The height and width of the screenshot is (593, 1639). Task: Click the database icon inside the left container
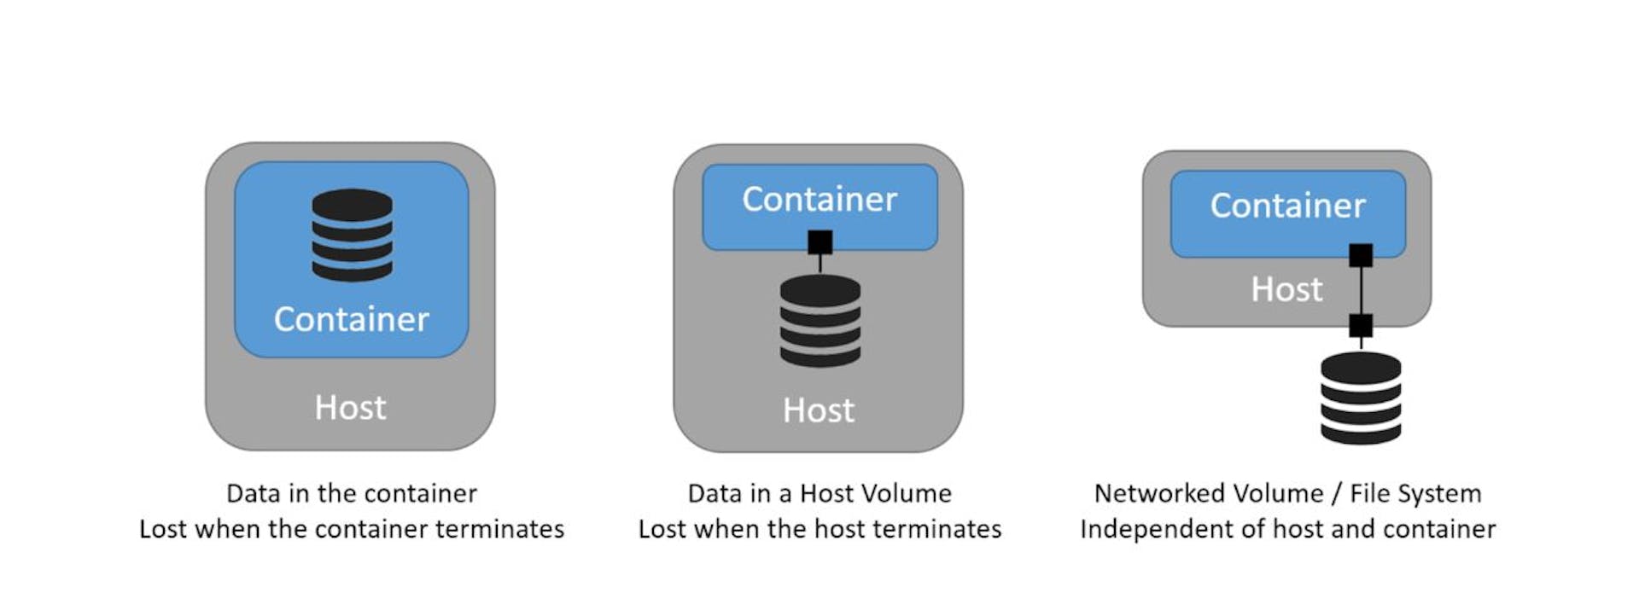352,235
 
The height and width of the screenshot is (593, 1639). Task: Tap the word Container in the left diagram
351,319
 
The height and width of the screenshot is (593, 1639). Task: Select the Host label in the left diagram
350,408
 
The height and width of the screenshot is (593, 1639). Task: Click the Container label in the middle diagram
819,200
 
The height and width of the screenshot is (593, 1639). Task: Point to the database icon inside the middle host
819,321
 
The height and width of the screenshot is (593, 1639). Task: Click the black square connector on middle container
820,242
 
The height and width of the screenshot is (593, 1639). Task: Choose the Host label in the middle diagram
818,410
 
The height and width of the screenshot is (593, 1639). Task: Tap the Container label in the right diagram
1287,206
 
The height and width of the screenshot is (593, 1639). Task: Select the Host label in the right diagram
1286,289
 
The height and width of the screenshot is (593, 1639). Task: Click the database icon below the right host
1360,398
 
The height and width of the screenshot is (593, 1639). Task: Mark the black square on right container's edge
1361,255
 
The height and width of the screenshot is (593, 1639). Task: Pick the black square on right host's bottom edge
1361,325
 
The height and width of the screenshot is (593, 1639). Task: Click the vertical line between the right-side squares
1361,290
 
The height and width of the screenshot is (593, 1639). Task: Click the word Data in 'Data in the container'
254,493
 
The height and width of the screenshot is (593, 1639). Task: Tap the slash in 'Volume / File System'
1337,493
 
